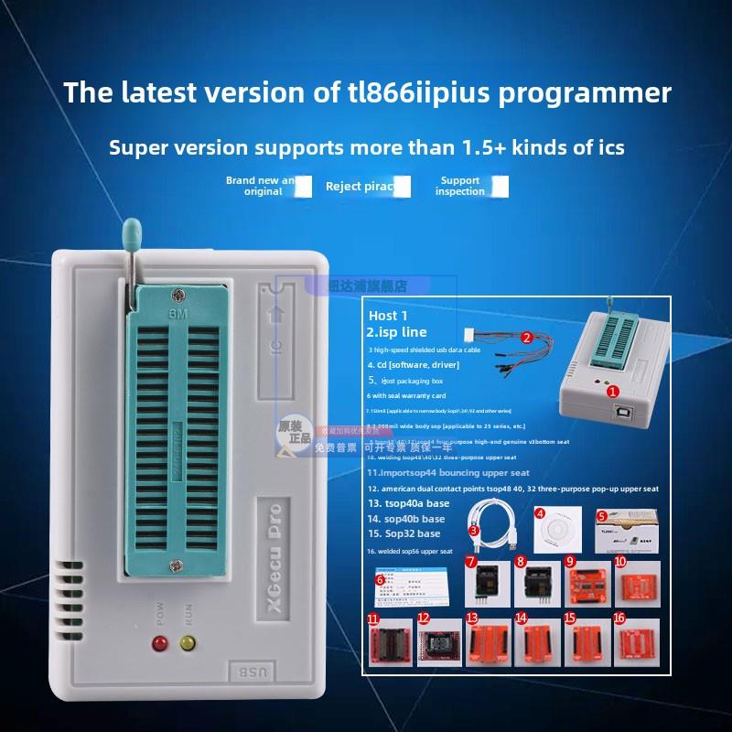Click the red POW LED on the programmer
point(157,645)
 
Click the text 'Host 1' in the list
point(390,315)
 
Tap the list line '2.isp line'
point(396,332)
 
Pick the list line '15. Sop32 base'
point(404,533)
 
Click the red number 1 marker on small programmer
point(610,390)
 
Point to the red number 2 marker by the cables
point(526,337)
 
